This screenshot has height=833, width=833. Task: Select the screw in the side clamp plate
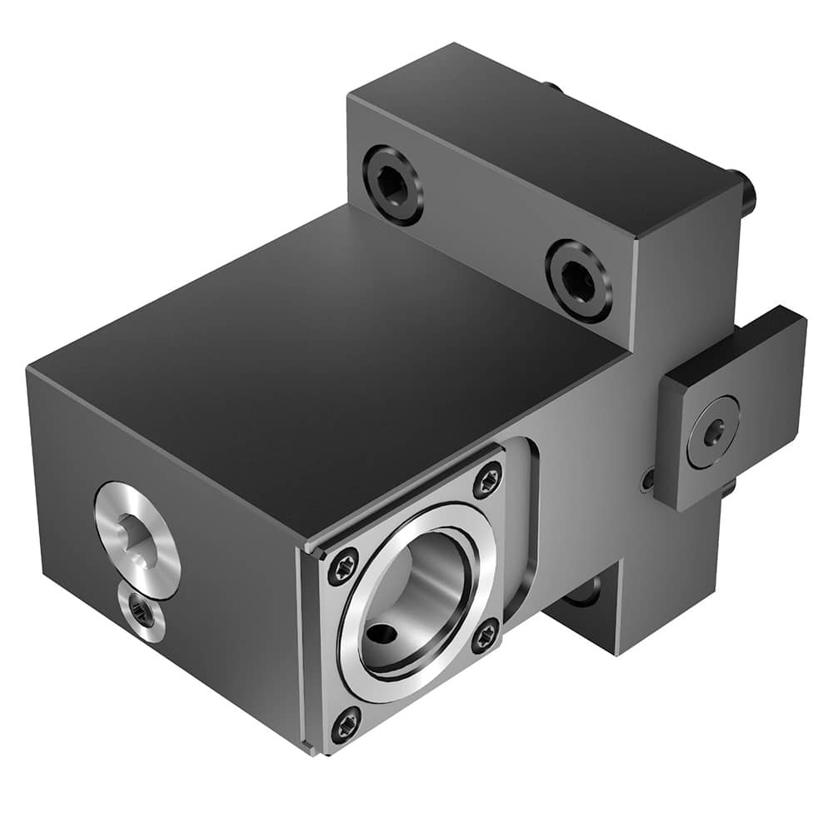pyautogui.click(x=712, y=434)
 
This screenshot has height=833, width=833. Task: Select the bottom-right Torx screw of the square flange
pyautogui.click(x=486, y=637)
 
